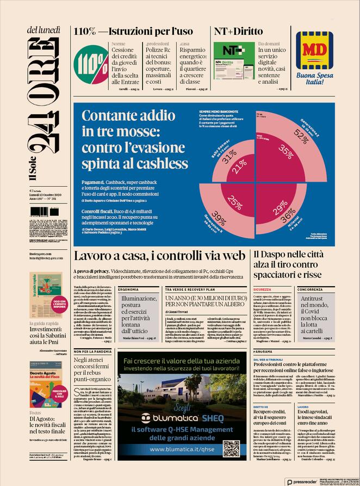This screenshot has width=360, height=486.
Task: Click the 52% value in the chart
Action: (x=316, y=132)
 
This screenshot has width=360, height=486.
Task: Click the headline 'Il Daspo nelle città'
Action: (x=292, y=255)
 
